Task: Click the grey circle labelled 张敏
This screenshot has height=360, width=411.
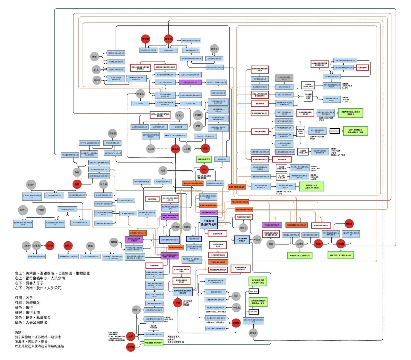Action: pyautogui.click(x=94, y=57)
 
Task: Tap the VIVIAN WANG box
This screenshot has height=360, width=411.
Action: pyautogui.click(x=168, y=50)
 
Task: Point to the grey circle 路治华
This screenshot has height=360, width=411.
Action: pyautogui.click(x=214, y=49)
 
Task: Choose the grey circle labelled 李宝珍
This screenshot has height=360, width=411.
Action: pyautogui.click(x=179, y=115)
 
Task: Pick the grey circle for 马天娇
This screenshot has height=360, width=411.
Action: pyautogui.click(x=187, y=149)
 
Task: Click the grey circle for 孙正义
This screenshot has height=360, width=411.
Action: pyautogui.click(x=23, y=210)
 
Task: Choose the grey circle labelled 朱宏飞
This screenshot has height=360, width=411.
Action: pyautogui.click(x=137, y=310)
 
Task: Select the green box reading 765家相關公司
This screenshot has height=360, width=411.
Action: pyautogui.click(x=258, y=282)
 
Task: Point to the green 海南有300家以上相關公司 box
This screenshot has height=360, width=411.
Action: pyautogui.click(x=299, y=255)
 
